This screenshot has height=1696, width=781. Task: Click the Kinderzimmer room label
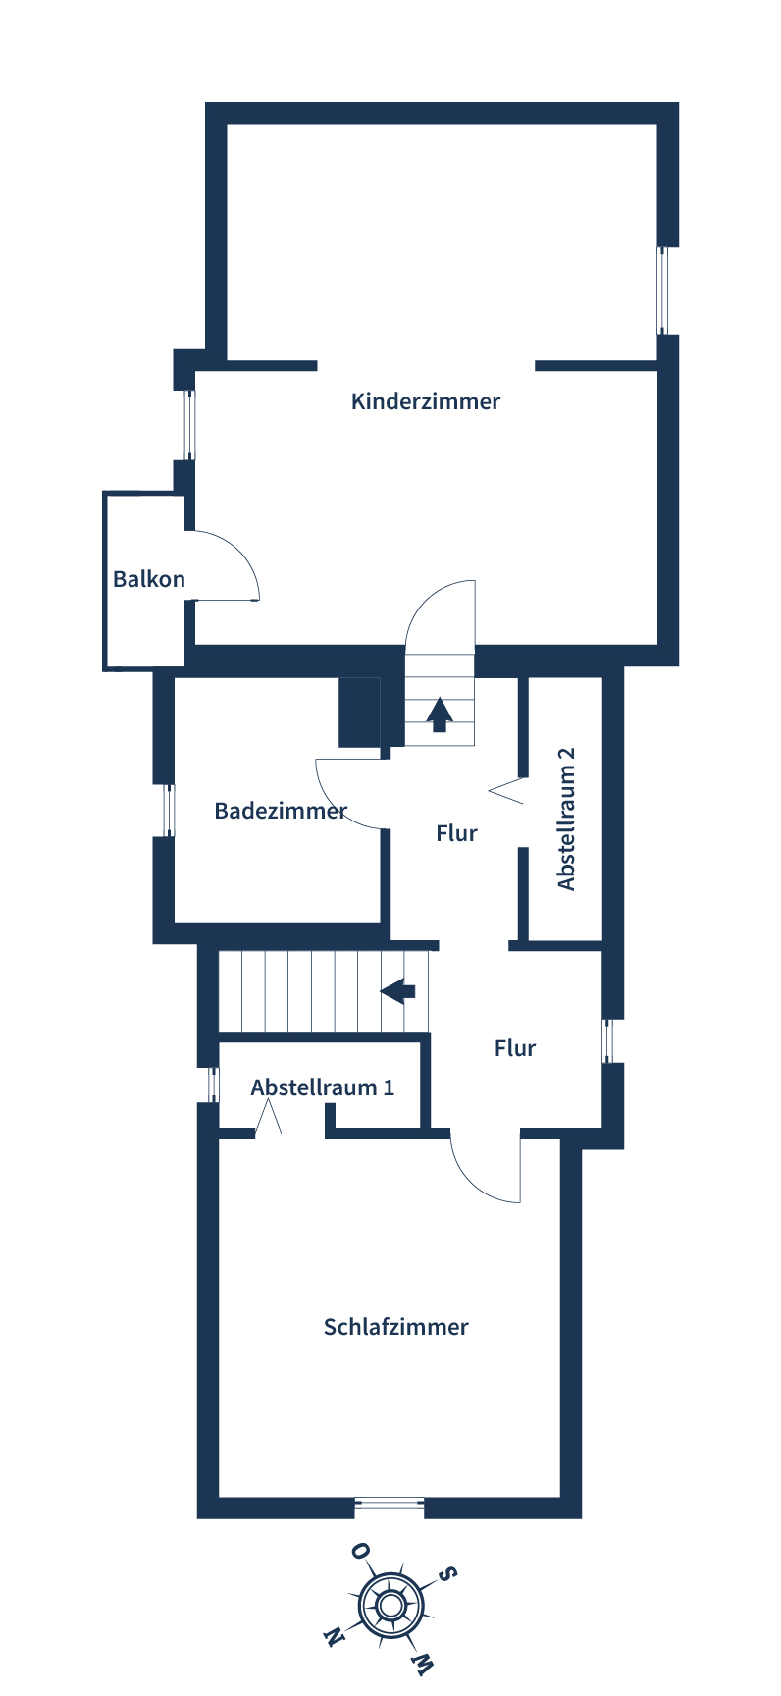click(x=426, y=401)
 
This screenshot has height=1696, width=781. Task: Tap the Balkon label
click(x=149, y=579)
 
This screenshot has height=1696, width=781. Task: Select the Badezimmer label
click(x=281, y=811)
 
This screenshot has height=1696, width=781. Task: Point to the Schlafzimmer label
click(x=396, y=1327)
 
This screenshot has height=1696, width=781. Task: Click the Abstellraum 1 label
click(x=323, y=1087)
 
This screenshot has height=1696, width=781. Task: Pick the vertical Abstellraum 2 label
click(x=566, y=820)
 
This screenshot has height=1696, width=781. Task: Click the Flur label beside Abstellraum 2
click(x=457, y=833)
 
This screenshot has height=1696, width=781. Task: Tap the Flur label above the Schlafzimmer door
click(x=515, y=1048)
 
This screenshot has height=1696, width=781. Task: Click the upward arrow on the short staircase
click(x=440, y=714)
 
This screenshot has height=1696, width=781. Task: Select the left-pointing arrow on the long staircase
click(x=398, y=990)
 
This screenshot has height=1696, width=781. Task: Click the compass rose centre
click(x=390, y=1606)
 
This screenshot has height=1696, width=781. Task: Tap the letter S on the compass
click(x=447, y=1574)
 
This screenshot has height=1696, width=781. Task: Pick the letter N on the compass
click(x=334, y=1637)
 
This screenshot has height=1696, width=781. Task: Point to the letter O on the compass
click(x=360, y=1551)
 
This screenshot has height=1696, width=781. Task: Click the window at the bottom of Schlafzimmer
click(x=390, y=1502)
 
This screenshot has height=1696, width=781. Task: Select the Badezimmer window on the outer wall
click(x=169, y=810)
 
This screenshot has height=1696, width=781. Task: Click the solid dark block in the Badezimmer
click(x=359, y=712)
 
